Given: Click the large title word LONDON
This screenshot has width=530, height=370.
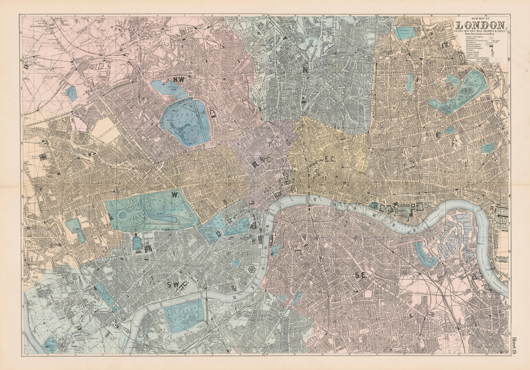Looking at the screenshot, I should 481,25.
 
